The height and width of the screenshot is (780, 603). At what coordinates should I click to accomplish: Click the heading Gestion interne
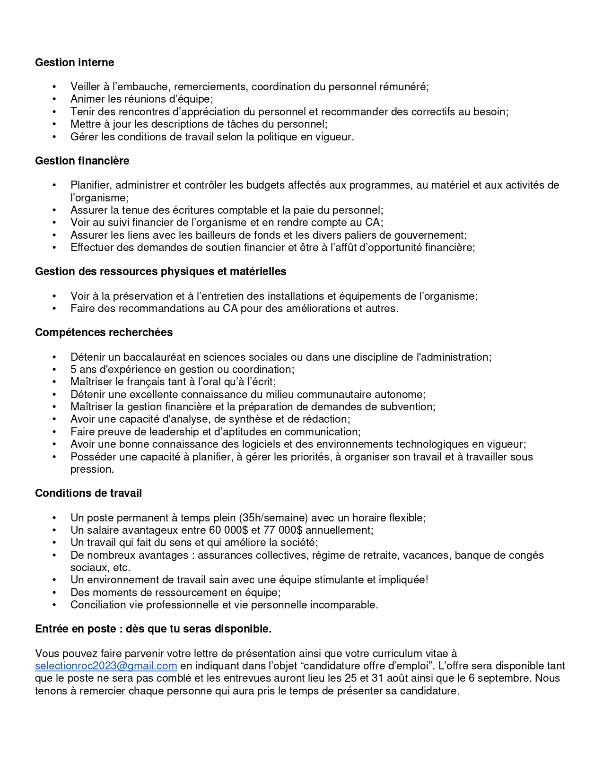(x=74, y=62)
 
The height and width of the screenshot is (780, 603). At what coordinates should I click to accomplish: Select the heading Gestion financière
(x=82, y=161)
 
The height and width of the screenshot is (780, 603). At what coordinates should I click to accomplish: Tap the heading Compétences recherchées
(x=104, y=332)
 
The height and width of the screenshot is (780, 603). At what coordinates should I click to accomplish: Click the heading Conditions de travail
(x=88, y=493)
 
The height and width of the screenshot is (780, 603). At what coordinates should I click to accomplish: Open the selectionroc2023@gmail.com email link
(x=106, y=666)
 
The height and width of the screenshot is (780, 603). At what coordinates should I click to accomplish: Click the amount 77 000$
(x=282, y=530)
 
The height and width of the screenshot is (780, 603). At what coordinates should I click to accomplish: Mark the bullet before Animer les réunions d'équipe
(x=54, y=99)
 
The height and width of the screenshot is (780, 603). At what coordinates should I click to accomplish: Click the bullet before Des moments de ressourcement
(x=54, y=592)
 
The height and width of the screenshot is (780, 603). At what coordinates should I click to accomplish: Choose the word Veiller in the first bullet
(x=85, y=87)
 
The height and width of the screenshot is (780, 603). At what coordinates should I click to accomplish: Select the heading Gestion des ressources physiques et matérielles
(x=160, y=271)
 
